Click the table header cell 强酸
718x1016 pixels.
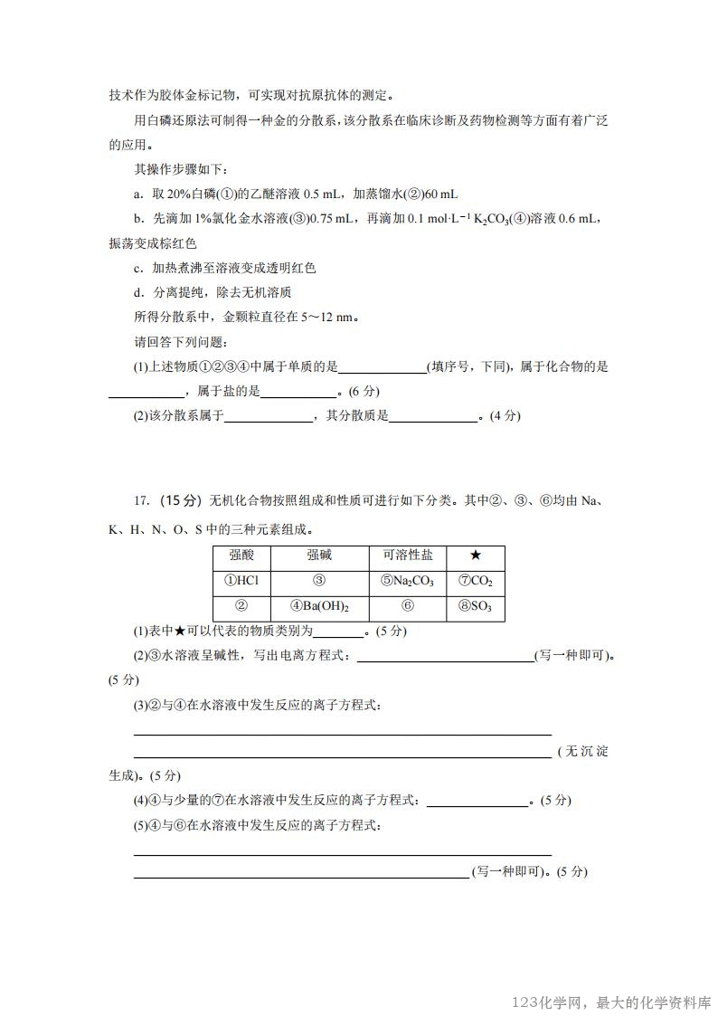[241, 556]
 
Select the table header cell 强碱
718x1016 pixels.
[319, 556]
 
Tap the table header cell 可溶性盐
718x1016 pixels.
[408, 556]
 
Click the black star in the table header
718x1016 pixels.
[475, 556]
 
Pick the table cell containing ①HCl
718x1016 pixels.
[241, 582]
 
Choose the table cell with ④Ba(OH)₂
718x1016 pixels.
[319, 607]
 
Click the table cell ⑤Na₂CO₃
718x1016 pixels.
[408, 582]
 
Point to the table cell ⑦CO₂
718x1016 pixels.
[475, 582]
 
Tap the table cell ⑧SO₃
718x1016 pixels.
[475, 607]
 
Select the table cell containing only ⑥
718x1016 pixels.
[408, 607]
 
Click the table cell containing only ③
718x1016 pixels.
[319, 582]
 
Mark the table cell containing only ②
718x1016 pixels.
[241, 607]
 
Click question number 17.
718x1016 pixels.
[140, 501]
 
